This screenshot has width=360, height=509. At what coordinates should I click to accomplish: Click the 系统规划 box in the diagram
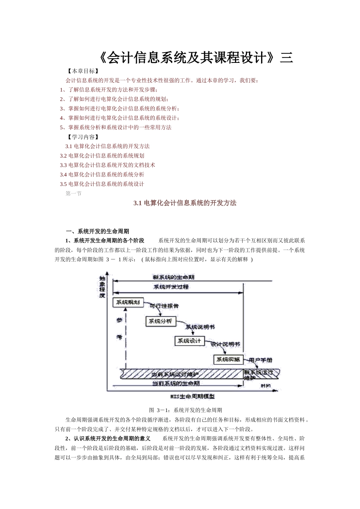coord(127,302)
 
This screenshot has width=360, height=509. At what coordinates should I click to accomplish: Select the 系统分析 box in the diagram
coord(160,322)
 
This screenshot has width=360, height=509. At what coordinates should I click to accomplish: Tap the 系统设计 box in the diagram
coord(189,340)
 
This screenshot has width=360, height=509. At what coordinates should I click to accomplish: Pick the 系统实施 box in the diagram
coord(228,359)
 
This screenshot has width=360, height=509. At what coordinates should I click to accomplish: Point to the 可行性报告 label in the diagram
coord(164,306)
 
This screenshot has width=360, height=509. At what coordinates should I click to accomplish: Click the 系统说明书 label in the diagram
coord(200,326)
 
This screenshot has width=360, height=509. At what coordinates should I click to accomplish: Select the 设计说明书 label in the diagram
coord(225,345)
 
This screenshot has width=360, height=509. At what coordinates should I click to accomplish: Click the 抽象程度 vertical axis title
coord(102,287)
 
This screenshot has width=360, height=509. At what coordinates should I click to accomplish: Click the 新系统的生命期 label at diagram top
coord(174,277)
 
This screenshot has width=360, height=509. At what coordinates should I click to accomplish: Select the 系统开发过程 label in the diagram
coord(171,287)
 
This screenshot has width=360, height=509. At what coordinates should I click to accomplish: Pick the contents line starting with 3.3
coord(108,165)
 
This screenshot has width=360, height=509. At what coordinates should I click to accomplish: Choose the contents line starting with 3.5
coord(102,184)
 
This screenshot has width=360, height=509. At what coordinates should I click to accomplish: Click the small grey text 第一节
coord(74,194)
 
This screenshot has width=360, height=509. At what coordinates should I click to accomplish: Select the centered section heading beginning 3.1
coord(185,203)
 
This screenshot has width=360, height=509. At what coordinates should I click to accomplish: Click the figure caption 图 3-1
coord(186,410)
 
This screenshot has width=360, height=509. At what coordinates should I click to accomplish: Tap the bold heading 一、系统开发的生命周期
coord(97,231)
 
